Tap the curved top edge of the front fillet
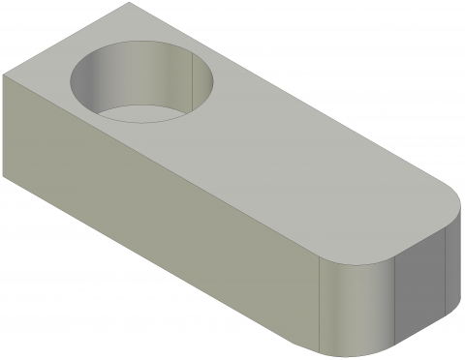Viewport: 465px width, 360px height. (x=358, y=261)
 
